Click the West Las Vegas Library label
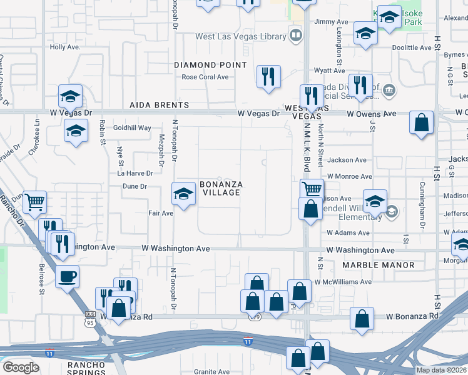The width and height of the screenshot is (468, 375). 240,37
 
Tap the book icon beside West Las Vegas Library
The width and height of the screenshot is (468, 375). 294,36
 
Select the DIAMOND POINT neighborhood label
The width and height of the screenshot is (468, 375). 210,65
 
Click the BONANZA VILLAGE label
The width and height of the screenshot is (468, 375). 220,188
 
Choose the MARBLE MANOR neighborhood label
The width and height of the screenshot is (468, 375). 379,265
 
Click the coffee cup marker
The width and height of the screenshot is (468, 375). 68,276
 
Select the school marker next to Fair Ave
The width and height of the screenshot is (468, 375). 183,194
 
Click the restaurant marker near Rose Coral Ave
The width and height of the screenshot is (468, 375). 268,77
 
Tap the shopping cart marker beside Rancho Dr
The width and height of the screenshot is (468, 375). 35,201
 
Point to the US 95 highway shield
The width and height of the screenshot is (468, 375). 89,321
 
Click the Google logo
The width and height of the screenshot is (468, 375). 20,367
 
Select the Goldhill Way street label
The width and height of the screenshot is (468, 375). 132,127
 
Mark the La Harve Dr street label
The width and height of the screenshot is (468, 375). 136,173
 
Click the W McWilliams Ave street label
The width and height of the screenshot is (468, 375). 343,282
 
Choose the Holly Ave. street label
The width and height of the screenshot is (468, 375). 65,47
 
